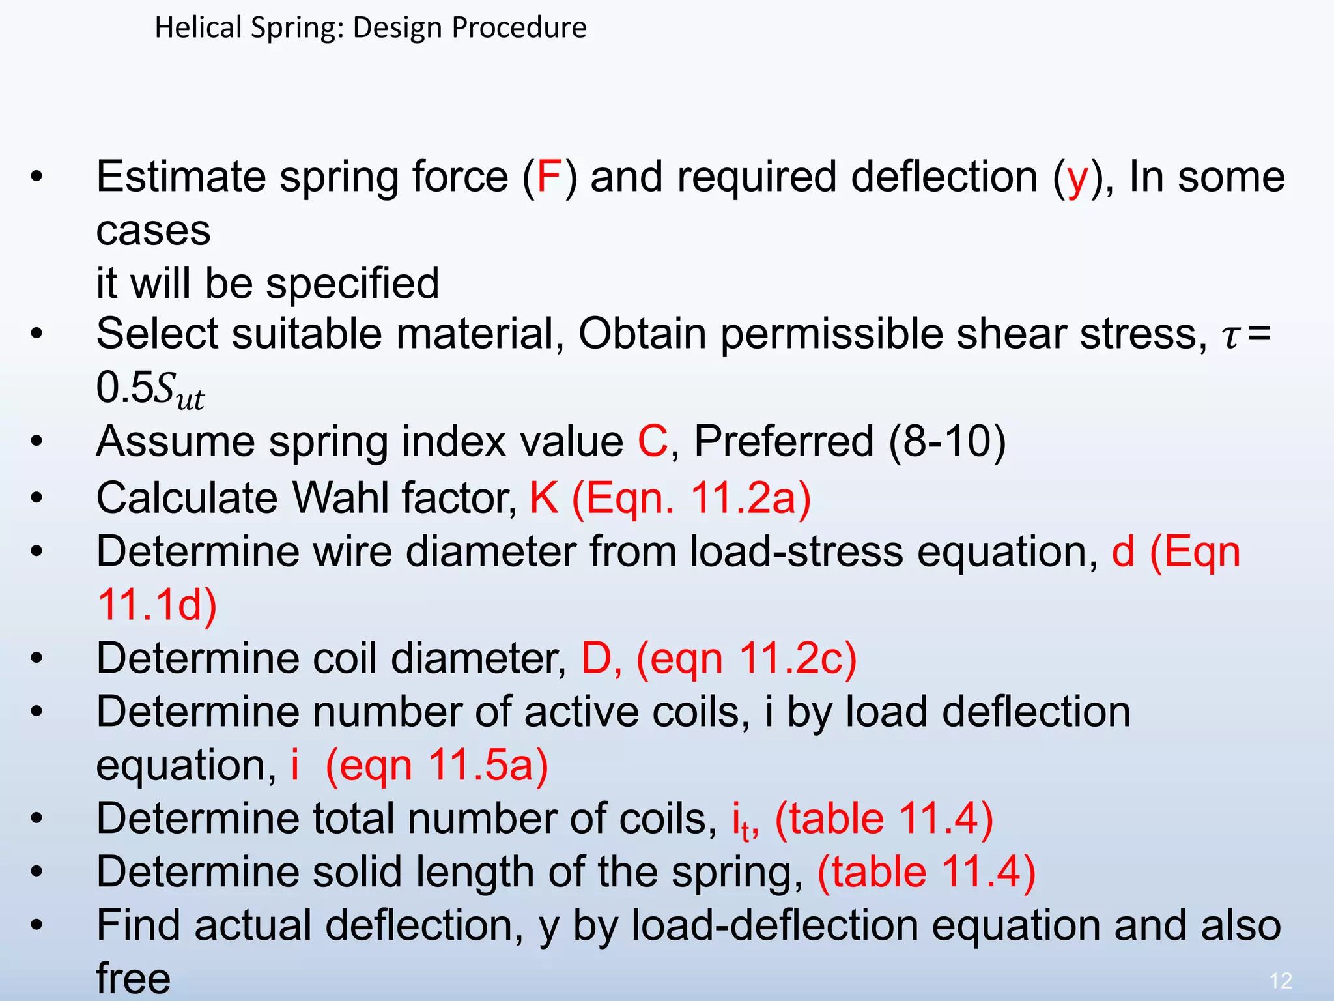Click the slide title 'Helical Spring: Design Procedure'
370,28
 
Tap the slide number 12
1281,980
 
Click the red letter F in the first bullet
548,177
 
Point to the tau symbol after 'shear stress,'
1230,336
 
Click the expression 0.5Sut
150,389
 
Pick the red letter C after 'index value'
652,442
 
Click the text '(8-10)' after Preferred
948,442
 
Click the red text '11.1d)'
157,605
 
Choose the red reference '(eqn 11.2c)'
746,659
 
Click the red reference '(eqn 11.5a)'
436,766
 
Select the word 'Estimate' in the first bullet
181,177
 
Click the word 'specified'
352,284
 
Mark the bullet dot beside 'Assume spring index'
36,442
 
